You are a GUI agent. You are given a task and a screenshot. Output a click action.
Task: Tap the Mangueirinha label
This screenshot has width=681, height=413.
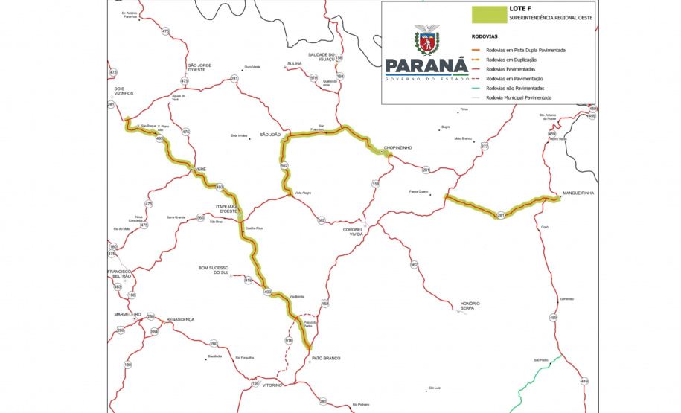click(578, 193)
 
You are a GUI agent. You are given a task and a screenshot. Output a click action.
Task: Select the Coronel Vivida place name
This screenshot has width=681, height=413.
click(353, 231)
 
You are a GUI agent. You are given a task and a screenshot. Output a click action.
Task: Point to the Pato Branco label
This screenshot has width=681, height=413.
click(327, 358)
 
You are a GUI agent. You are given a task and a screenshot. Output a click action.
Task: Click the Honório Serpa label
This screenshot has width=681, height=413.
click(470, 305)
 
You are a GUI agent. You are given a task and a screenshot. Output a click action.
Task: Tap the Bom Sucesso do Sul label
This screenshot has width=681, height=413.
click(213, 269)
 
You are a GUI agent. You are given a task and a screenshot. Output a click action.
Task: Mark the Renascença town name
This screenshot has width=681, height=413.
click(180, 319)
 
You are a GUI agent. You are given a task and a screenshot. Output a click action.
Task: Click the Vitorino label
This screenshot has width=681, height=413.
click(272, 385)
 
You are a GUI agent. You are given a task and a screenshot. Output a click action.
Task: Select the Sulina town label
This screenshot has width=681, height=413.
click(295, 64)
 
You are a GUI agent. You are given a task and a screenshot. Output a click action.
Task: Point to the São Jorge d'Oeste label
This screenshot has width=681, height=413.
click(199, 68)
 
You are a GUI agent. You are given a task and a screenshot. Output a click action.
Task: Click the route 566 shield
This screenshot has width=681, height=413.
click(200, 217)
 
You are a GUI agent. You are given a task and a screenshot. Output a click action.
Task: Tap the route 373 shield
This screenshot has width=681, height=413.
click(485, 147)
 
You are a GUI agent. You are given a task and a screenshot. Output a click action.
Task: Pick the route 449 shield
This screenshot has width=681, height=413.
click(584, 381)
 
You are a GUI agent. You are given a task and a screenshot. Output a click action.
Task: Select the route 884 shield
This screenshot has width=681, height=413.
click(155, 331)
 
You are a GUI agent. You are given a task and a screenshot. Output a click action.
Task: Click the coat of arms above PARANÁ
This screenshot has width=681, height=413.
click(427, 40)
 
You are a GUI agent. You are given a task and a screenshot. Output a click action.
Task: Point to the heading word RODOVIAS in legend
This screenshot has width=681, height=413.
click(485, 36)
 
